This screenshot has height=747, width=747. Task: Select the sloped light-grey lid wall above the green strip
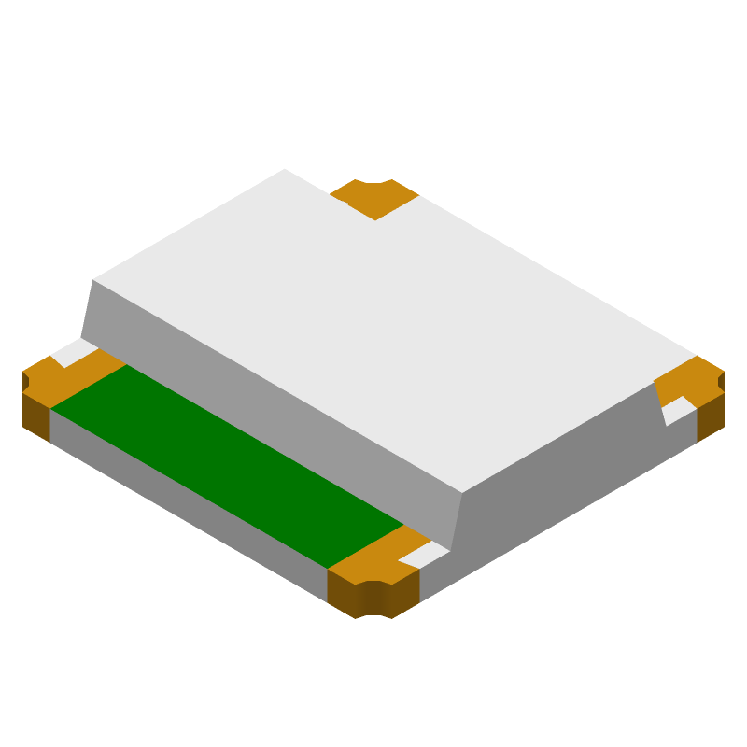(x=271, y=402)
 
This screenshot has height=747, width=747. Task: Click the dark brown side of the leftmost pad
(x=35, y=416)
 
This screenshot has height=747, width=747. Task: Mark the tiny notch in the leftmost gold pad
(x=25, y=382)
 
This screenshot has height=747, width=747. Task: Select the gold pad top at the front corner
(x=373, y=560)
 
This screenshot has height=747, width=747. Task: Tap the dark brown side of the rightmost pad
(x=711, y=416)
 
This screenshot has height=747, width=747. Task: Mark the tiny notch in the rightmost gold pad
(x=721, y=381)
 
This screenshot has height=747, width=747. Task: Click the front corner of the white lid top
(x=463, y=491)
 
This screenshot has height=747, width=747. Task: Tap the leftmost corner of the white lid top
(x=94, y=279)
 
